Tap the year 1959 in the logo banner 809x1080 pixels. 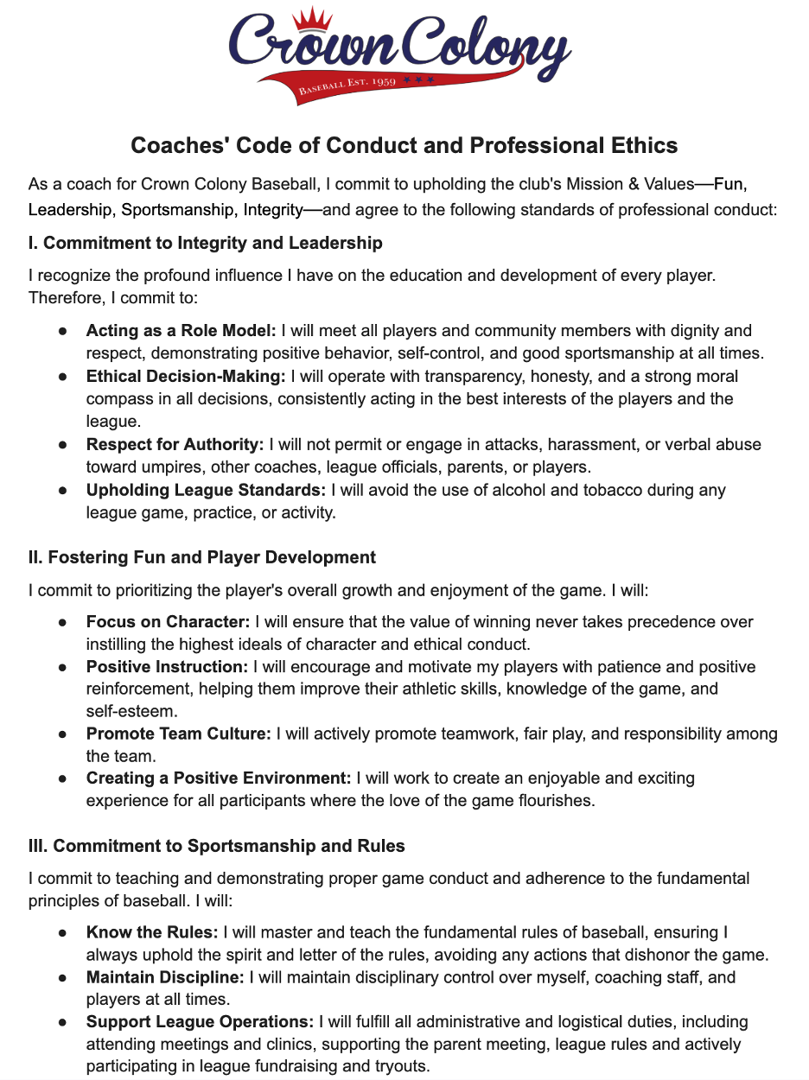(381, 82)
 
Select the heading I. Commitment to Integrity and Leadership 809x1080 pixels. (205, 243)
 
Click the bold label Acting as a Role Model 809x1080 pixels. (181, 330)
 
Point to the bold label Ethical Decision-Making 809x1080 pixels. (186, 377)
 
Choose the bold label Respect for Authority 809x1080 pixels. (175, 444)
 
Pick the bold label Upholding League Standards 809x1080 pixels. (206, 490)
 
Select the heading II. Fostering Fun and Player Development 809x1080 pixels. (202, 557)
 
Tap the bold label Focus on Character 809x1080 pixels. (168, 622)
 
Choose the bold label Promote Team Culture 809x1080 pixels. (179, 734)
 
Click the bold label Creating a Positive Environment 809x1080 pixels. (219, 778)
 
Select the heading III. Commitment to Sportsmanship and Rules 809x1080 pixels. (217, 845)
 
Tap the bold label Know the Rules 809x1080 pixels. (152, 932)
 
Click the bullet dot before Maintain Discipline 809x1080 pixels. (63, 978)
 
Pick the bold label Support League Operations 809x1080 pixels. (200, 1021)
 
